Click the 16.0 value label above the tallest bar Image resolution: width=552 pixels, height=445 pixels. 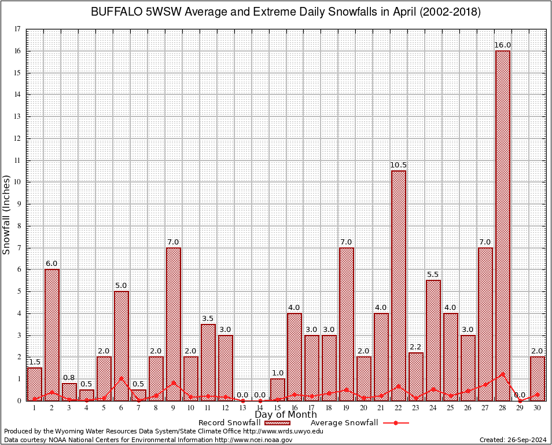tap(502, 45)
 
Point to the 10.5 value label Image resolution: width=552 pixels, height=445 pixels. tap(398, 165)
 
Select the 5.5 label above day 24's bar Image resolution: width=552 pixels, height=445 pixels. tap(433, 275)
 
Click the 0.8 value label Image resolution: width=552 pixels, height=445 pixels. tap(69, 378)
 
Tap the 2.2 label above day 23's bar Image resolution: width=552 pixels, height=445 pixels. tap(415, 346)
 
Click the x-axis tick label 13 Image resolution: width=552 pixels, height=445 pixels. tap(242, 408)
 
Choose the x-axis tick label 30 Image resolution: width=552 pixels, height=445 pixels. tap(537, 408)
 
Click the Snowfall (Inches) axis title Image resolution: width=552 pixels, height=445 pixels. tap(6, 214)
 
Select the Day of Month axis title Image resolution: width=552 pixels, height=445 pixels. tap(285, 415)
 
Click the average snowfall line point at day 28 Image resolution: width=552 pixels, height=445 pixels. tap(502, 374)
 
